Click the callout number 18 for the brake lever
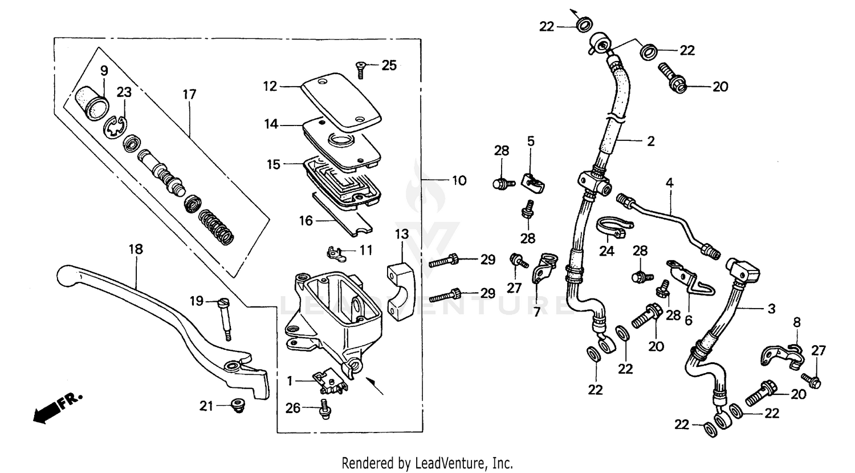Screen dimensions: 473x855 tap(136, 249)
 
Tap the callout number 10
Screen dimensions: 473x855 tap(459, 181)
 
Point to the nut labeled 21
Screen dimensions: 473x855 tap(235, 406)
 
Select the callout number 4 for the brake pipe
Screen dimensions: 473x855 tap(670, 183)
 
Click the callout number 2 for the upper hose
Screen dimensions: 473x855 tap(650, 141)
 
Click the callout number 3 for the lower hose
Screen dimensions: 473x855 tap(771, 309)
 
